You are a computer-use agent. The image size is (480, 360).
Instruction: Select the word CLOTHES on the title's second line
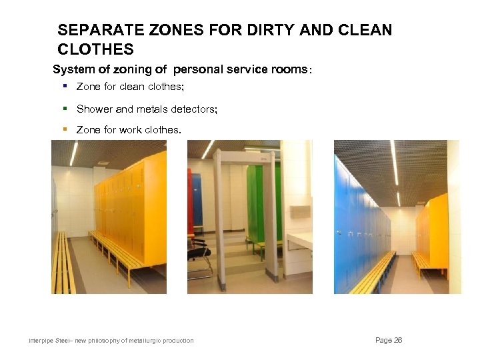click(x=95, y=49)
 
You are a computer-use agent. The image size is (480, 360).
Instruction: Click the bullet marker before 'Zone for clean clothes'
click(x=65, y=86)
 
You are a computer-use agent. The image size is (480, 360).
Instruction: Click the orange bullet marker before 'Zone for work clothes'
click(x=65, y=129)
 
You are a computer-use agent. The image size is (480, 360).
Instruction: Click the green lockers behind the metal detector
click(x=255, y=200)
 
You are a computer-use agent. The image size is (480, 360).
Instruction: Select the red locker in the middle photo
click(x=191, y=200)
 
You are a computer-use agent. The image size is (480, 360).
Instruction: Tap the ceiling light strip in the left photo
click(x=73, y=153)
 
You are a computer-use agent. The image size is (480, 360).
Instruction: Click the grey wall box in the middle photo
click(x=299, y=212)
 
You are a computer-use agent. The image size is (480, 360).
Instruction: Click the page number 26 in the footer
click(x=389, y=340)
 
